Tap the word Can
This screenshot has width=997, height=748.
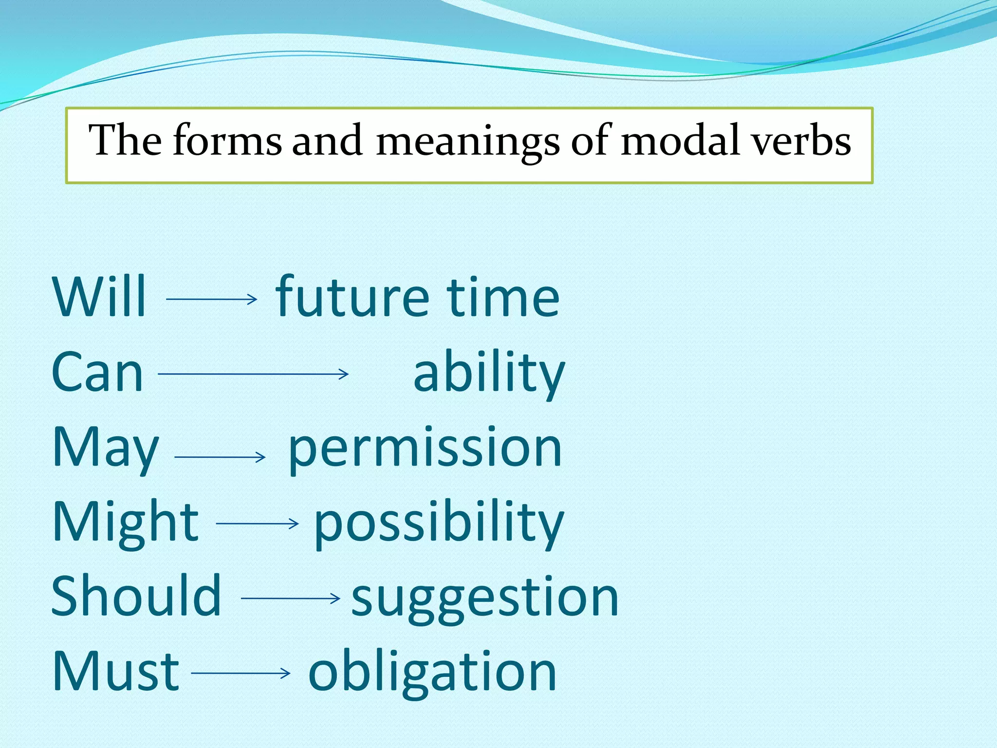coord(97,373)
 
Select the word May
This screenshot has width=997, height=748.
coord(106,448)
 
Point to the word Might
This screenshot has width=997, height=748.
coord(126,523)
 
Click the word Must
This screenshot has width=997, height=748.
coord(116,672)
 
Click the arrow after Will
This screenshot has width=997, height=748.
coord(211,299)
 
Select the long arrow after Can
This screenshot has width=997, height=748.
coord(253,374)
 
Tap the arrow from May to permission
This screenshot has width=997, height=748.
coord(220,457)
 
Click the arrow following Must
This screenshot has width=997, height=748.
coord(240,673)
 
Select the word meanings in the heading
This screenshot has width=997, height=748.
coord(468,141)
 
